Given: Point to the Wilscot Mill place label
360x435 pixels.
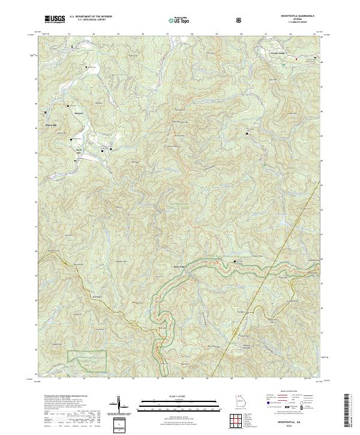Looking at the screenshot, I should coord(50,125).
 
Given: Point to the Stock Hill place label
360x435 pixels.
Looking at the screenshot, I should coord(77,151).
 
